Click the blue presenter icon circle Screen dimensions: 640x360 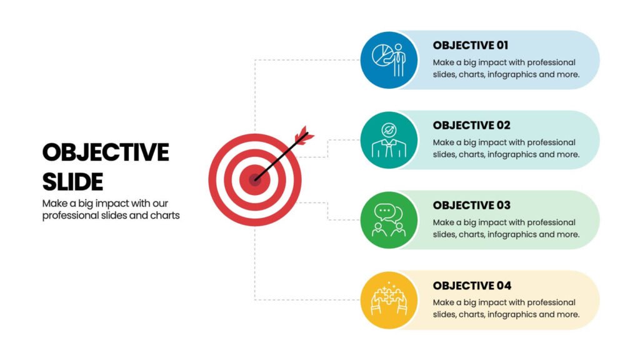(x=389, y=60)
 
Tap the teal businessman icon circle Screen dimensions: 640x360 (x=389, y=140)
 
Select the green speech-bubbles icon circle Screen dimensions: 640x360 (x=389, y=220)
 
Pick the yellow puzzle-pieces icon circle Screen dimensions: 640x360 (x=389, y=300)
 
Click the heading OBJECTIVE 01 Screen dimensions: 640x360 (x=471, y=45)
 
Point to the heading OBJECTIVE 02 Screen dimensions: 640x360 (x=472, y=125)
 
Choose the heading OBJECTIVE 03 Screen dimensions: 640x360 (x=472, y=205)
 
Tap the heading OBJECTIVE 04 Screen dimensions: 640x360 (x=472, y=285)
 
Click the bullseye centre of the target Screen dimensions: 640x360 (x=255, y=179)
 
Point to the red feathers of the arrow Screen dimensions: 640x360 (x=304, y=134)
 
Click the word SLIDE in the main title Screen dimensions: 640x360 (x=72, y=182)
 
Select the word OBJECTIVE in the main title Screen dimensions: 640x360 (x=106, y=152)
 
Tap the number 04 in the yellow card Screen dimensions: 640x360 (x=504, y=285)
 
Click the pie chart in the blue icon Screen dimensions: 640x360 (x=382, y=55)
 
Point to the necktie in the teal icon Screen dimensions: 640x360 (x=389, y=149)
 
